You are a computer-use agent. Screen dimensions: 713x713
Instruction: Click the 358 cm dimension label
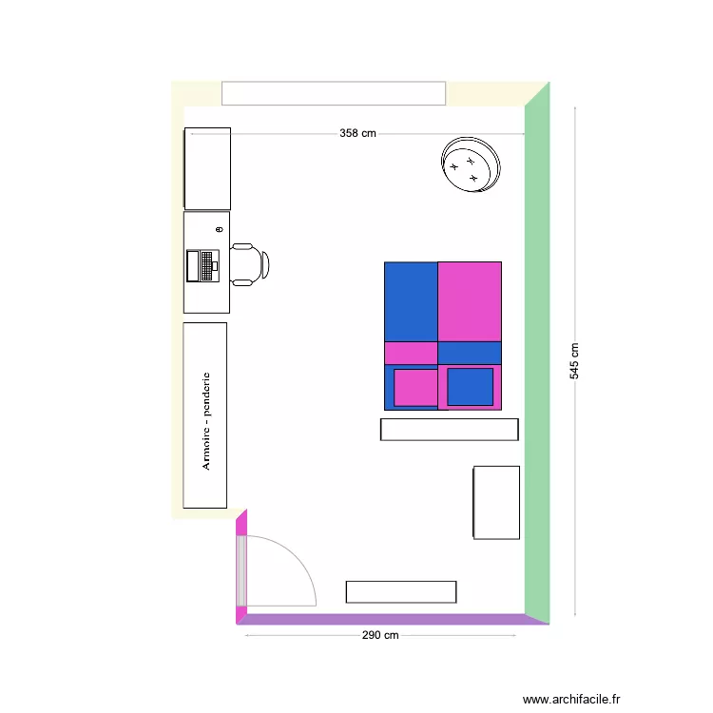[x=357, y=134]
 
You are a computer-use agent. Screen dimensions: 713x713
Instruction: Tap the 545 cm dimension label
[x=575, y=361]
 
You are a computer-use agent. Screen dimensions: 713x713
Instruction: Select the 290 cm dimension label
[x=379, y=635]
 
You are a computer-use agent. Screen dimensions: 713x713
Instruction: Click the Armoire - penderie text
[x=205, y=419]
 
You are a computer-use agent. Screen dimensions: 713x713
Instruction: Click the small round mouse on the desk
[x=219, y=230]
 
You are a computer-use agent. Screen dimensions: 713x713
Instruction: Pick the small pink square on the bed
[x=415, y=387]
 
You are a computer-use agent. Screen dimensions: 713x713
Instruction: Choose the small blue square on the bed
[x=470, y=387]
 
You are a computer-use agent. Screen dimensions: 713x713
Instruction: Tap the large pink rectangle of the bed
[x=470, y=300]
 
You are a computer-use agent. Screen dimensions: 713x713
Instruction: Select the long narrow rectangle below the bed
[x=449, y=430]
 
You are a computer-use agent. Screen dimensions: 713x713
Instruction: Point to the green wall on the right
[x=537, y=352]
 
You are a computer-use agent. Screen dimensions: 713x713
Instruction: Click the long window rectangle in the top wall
[x=333, y=93]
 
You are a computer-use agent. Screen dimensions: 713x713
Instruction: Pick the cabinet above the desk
[x=207, y=168]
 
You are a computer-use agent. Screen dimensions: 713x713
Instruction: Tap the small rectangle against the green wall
[x=496, y=502]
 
